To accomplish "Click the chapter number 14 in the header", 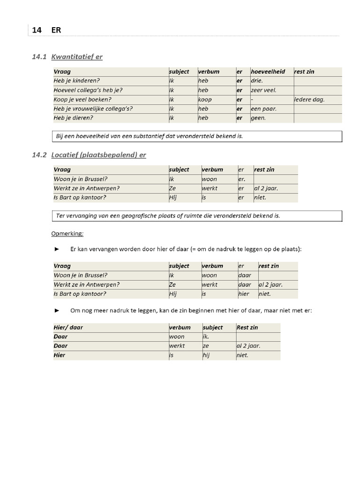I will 37,30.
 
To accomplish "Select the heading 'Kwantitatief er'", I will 77,57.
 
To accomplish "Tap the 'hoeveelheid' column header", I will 268,72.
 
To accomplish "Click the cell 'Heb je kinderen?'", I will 77,81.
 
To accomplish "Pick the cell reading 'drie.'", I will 257,81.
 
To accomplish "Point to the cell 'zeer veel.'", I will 263,90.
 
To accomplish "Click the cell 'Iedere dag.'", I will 309,99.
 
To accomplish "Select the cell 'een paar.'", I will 263,109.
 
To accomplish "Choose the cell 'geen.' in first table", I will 258,118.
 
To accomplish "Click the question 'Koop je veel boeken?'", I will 82,99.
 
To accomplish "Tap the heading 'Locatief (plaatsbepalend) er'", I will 98,155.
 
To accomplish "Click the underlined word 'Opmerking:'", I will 67,233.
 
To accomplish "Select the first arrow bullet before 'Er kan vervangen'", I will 57,249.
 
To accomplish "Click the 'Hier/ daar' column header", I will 68,327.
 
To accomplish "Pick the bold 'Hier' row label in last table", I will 60,355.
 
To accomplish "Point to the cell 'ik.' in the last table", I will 206,337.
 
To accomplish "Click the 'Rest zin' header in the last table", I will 247,327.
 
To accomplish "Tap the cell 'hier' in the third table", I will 244,294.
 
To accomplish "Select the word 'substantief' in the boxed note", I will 149,136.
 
